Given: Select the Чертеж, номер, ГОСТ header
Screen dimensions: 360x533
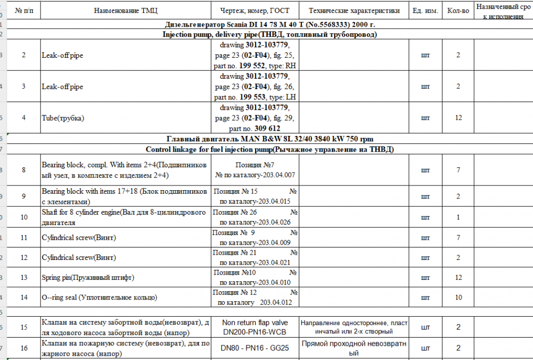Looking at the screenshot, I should pyautogui.click(x=256, y=10).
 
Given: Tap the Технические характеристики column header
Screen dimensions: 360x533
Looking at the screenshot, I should pyautogui.click(x=354, y=10).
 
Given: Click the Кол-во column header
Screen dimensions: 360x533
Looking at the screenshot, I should pyautogui.click(x=458, y=10).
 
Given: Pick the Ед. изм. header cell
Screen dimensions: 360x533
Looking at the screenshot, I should pyautogui.click(x=425, y=10).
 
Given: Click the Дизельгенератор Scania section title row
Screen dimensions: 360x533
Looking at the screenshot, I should pyautogui.click(x=270, y=24).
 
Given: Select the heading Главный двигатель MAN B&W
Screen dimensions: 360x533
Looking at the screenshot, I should pyautogui.click(x=270, y=139).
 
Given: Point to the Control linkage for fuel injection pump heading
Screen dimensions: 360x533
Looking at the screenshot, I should pyautogui.click(x=270, y=150).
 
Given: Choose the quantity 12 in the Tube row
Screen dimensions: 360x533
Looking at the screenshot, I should pyautogui.click(x=458, y=118).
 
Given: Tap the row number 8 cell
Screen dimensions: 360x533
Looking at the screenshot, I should pyautogui.click(x=23, y=170).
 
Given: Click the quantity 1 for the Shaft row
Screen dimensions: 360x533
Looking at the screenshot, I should pyautogui.click(x=458, y=217).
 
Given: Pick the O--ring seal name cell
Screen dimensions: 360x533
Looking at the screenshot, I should pyautogui.click(x=99, y=297).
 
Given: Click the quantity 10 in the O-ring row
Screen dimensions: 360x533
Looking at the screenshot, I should pyautogui.click(x=458, y=297).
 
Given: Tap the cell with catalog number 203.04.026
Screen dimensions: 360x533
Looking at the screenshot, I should pyautogui.click(x=255, y=217).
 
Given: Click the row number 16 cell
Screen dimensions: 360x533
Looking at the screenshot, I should pyautogui.click(x=23, y=347).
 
